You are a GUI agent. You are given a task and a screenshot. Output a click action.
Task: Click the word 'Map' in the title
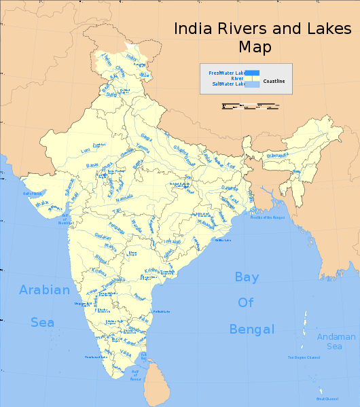point(255,47)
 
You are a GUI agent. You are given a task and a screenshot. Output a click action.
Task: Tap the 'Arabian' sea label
point(44,290)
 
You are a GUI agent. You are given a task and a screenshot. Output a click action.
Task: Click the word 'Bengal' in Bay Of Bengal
point(251,330)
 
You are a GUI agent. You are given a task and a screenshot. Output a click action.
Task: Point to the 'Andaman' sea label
point(336,337)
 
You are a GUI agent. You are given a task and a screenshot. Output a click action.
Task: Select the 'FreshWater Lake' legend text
point(226,72)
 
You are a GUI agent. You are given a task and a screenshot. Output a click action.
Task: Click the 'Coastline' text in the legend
point(274,81)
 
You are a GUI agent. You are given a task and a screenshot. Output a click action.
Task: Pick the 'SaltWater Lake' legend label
point(228,84)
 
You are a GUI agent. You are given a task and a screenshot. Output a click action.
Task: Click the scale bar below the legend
point(250,105)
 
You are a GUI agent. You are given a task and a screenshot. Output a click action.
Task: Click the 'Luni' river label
point(85,150)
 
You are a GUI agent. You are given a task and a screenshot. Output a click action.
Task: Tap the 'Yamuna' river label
point(143,147)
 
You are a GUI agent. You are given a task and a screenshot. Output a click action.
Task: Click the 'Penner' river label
point(140,296)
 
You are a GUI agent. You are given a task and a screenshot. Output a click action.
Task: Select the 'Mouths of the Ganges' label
point(266,217)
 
